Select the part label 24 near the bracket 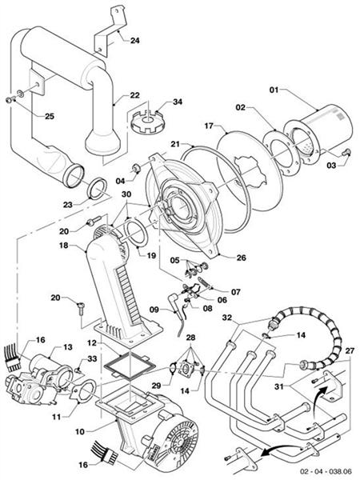point(134,40)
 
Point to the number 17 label point(208,124)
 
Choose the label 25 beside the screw point(27,117)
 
